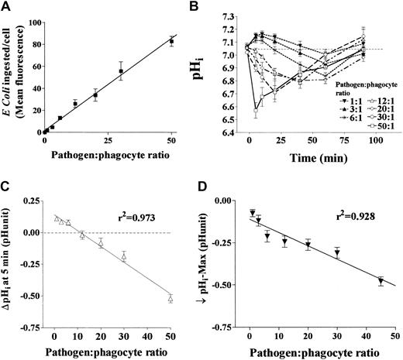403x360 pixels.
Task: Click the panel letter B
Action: point(212,7)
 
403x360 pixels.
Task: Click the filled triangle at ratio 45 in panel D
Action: point(380,280)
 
